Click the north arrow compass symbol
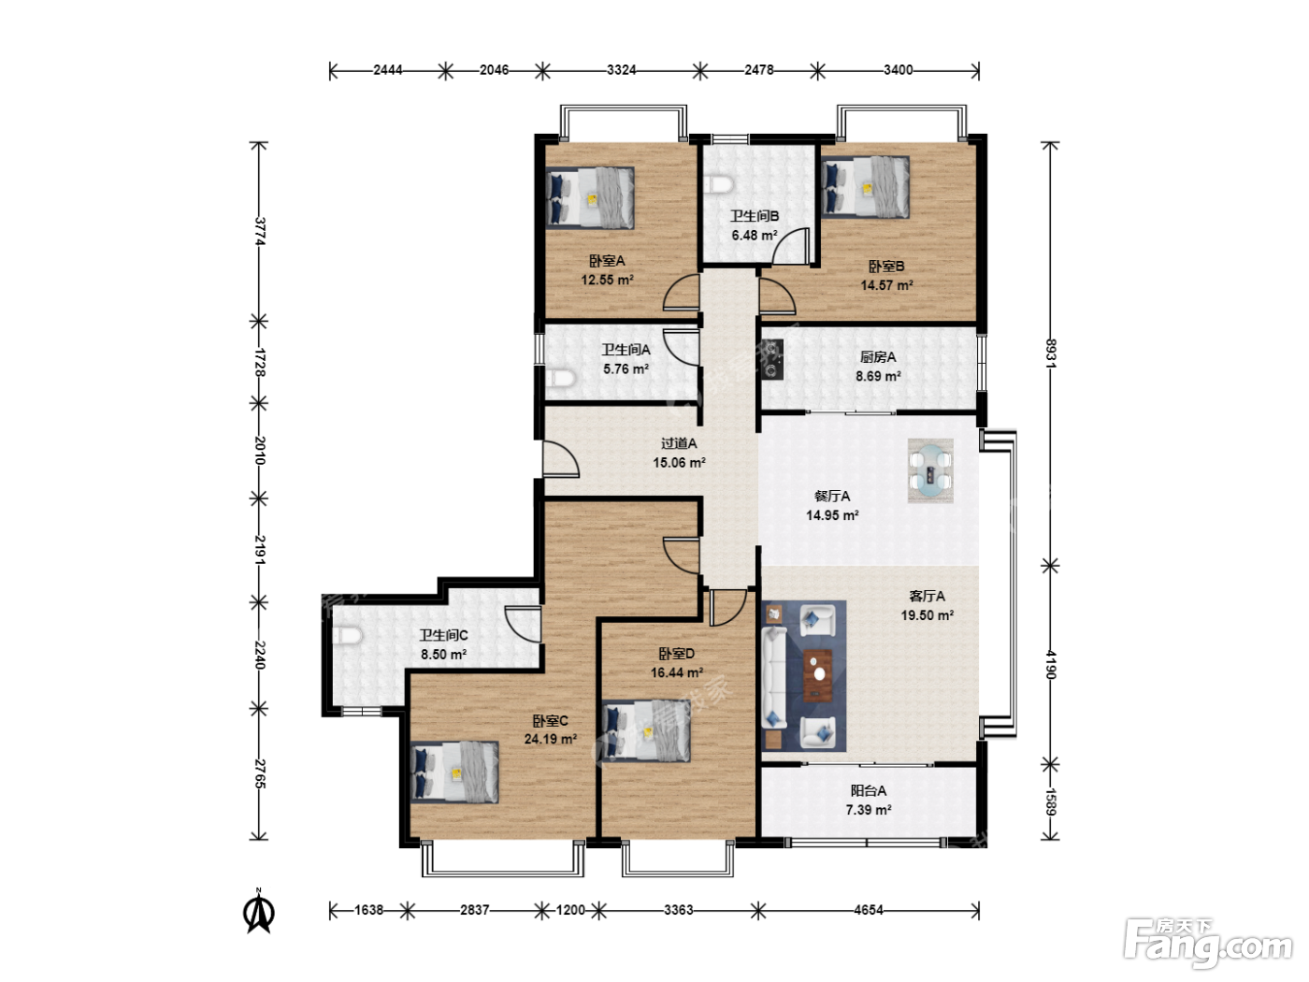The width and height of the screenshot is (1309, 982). click(x=259, y=911)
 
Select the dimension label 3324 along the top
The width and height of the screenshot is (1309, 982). click(x=622, y=70)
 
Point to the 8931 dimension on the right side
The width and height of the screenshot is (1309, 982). click(x=1050, y=353)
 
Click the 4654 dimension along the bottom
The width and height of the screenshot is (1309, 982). click(x=869, y=910)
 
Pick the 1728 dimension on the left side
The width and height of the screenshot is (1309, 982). click(x=259, y=363)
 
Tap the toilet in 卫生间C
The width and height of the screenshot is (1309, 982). click(x=347, y=636)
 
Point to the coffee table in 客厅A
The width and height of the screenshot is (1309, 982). click(x=818, y=674)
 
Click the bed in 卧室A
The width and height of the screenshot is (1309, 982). click(x=590, y=197)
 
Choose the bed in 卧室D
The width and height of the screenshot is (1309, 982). click(x=646, y=730)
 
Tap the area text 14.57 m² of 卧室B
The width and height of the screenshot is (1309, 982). click(x=886, y=285)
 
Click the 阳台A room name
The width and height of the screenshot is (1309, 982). click(x=869, y=790)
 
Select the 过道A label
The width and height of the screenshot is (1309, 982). click(x=679, y=443)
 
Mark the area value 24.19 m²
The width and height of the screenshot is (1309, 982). click(x=550, y=740)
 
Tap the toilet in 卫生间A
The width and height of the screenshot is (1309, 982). click(x=561, y=379)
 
